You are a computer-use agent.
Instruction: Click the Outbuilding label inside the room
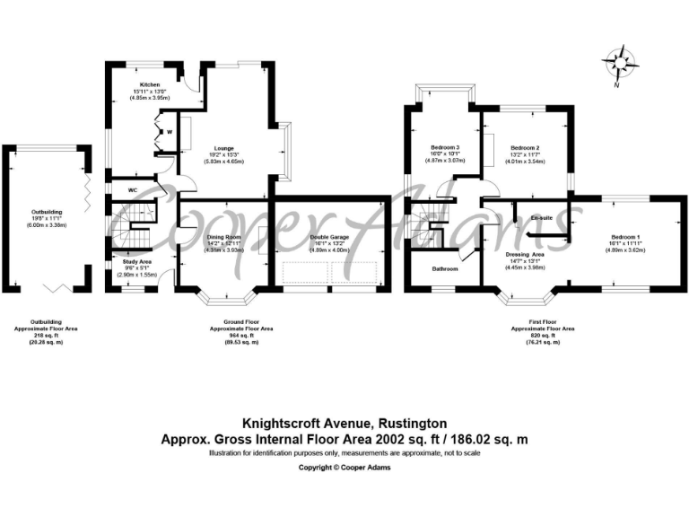[x=47, y=211]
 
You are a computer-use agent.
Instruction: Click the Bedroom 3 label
[x=445, y=147]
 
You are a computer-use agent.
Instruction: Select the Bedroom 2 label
[x=525, y=147]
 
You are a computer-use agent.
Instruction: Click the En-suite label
[x=541, y=218]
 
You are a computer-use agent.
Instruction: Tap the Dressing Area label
[x=526, y=255]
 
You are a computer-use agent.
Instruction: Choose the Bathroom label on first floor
[x=445, y=269]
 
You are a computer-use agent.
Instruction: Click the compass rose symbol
[x=619, y=63]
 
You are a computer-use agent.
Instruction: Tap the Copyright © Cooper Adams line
[x=344, y=468]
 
